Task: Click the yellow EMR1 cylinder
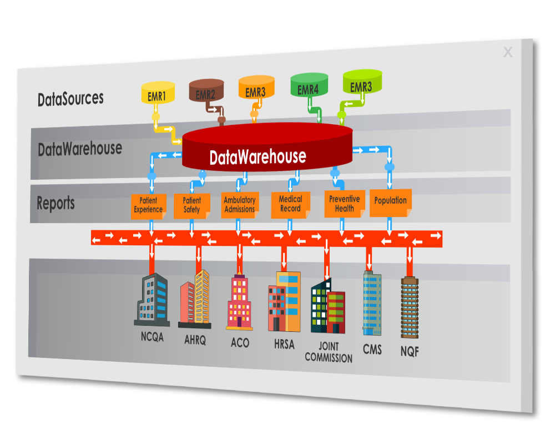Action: pos(158,93)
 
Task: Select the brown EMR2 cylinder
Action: pos(206,91)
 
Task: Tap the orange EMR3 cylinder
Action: pos(256,88)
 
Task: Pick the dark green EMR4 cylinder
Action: pos(309,85)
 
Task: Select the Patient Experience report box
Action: pos(148,205)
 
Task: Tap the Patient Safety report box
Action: pos(192,205)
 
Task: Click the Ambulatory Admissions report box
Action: pos(240,204)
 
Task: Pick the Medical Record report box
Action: pos(290,204)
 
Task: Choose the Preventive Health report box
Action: pos(344,204)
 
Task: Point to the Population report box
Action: pos(390,201)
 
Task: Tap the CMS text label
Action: pos(372,349)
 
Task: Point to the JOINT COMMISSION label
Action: pos(329,352)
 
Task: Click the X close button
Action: pos(508,52)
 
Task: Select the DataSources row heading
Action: pos(70,99)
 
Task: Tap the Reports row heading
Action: pos(56,203)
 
